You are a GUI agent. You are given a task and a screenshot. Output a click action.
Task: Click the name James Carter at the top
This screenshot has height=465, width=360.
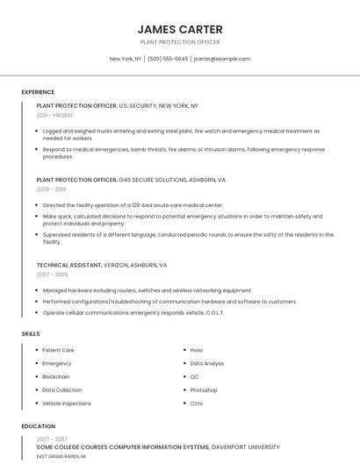coord(180,29)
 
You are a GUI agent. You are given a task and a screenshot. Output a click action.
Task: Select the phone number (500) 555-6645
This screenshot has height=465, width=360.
coord(168,59)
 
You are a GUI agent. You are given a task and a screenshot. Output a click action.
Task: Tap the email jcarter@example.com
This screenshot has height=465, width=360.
coord(222,59)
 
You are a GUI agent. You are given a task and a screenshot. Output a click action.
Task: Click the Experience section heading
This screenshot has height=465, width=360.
coord(38,92)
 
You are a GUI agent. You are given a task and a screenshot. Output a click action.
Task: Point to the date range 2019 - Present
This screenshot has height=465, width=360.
coord(55,115)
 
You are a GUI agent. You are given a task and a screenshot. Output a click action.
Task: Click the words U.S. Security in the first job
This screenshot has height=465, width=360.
coord(136,105)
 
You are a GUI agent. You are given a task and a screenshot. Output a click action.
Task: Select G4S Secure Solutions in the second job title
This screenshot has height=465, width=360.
coord(152,179)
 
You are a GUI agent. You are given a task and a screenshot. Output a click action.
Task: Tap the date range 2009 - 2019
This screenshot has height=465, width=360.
coord(51,189)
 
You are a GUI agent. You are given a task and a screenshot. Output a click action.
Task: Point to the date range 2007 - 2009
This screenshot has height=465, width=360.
coord(52,274)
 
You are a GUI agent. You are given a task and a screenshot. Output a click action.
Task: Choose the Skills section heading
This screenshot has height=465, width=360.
coord(31,333)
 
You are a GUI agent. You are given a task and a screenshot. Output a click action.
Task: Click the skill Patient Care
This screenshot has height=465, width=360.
coord(58,350)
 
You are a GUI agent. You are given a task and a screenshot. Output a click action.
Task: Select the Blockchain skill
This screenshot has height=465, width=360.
coord(56,376)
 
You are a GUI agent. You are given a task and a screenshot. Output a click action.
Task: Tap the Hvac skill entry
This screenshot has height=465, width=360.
coord(197,350)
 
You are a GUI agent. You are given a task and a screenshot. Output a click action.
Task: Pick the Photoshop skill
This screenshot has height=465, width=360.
coord(204,390)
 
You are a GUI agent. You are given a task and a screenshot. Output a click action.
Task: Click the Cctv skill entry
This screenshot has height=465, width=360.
coord(197,403)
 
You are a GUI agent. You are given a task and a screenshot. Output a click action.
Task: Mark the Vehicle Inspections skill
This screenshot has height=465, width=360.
coord(67,403)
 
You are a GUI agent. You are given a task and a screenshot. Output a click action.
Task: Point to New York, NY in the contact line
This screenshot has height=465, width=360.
coord(125,59)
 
